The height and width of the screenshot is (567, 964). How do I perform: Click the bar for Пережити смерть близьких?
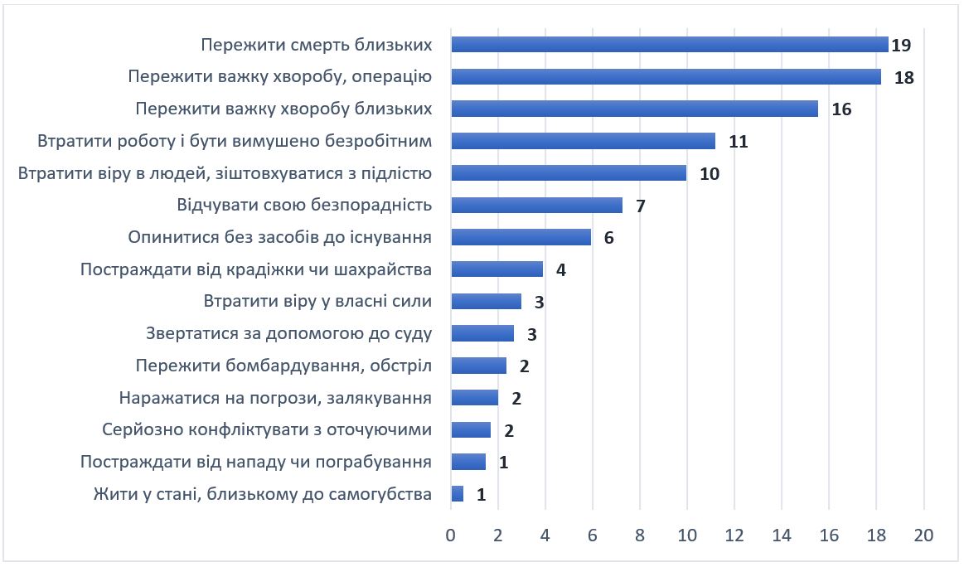(669, 45)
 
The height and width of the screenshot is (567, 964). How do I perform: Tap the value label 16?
(841, 109)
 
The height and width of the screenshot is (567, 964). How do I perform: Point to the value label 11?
(739, 142)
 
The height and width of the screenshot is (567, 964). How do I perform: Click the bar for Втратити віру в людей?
(569, 173)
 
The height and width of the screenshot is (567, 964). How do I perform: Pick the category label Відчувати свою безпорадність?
(304, 206)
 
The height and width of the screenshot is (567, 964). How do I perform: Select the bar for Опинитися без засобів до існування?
(521, 238)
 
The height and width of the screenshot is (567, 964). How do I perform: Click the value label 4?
(561, 270)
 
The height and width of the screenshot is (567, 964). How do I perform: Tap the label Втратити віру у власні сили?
(317, 302)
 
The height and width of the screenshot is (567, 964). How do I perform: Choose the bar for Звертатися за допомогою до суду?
(482, 333)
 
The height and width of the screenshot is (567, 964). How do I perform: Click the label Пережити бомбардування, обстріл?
(283, 366)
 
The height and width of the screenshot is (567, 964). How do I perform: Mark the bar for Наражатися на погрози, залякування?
(475, 398)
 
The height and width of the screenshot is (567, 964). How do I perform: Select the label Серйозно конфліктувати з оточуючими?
(267, 430)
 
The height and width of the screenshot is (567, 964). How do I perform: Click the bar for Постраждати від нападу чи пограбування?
(468, 462)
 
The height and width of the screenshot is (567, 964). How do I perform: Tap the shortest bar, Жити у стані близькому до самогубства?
(458, 494)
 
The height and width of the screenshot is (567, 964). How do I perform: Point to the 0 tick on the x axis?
(451, 535)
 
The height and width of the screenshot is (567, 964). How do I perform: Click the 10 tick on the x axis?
(687, 535)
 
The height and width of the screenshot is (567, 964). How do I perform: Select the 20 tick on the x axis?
(923, 535)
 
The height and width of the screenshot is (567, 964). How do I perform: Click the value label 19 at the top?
(901, 46)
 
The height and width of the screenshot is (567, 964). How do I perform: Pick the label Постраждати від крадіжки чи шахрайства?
(256, 270)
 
